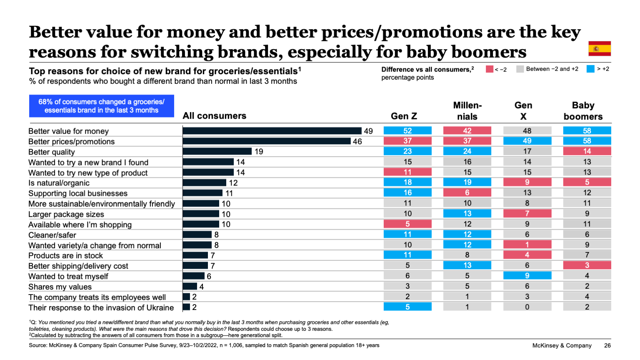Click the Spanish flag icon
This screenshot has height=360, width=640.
tap(599, 49)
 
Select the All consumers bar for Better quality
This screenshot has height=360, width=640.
tap(217, 151)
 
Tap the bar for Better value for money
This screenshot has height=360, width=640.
tap(272, 131)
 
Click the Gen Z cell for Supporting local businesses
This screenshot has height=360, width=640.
tap(407, 192)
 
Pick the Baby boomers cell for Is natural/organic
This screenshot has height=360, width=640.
tap(587, 182)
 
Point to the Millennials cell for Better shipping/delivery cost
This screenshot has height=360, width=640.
tap(467, 265)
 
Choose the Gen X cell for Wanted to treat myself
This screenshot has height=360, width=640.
tap(527, 275)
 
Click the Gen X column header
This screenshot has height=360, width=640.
tap(523, 111)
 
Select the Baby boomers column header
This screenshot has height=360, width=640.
tap(583, 111)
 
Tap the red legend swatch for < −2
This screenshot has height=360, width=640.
tap(490, 69)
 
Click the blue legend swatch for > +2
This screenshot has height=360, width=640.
tap(590, 69)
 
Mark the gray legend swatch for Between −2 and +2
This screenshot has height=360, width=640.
tap(520, 69)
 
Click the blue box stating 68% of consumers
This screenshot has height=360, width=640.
tap(101, 106)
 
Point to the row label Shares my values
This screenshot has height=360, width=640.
tap(60, 287)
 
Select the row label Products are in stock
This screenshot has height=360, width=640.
tap(65, 255)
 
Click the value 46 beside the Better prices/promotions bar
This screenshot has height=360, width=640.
tap(357, 141)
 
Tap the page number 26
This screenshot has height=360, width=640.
tap(607, 345)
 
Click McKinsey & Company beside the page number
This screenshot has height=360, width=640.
tap(562, 345)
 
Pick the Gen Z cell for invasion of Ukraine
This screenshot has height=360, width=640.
tap(407, 307)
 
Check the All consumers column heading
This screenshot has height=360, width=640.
tap(214, 116)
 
